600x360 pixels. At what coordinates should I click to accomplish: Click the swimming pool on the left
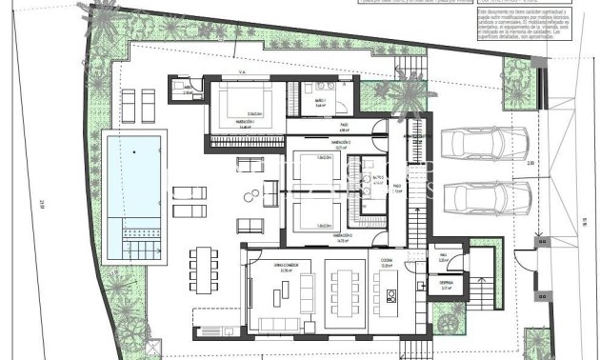(133, 181)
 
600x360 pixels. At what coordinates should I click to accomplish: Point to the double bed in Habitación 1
(242, 101)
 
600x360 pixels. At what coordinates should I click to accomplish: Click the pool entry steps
(133, 232)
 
